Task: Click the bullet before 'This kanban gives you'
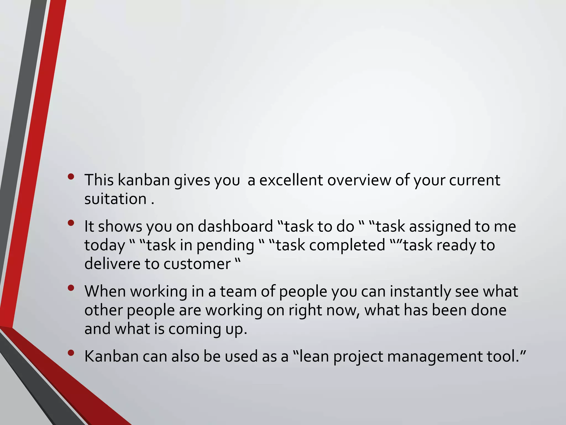point(71,177)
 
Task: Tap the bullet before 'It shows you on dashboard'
point(71,223)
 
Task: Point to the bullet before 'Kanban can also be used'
point(71,353)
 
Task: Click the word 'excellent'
point(291,180)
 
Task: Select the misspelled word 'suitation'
point(116,199)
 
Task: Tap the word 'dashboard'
point(235,226)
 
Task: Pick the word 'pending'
point(225,245)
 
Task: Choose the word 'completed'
point(347,245)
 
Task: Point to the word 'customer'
point(197,264)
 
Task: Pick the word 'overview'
point(359,180)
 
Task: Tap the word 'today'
point(105,245)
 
